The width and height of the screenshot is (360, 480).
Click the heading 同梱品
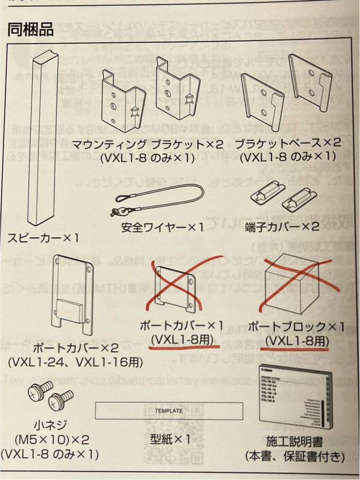(30, 29)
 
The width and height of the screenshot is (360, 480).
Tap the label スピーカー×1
(43, 238)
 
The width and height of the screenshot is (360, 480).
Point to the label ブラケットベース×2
(288, 144)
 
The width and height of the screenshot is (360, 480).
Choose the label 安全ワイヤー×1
(162, 227)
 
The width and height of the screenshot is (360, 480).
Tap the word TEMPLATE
(169, 410)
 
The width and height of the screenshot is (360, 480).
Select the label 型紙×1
(170, 439)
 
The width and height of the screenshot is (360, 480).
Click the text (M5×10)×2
(52, 440)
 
